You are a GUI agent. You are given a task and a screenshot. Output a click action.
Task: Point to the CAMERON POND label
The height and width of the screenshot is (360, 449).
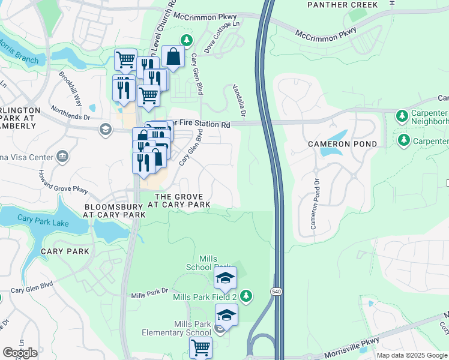pyautogui.click(x=343, y=144)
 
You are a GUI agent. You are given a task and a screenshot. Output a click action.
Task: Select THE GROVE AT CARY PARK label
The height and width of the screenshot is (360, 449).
pyautogui.click(x=182, y=200)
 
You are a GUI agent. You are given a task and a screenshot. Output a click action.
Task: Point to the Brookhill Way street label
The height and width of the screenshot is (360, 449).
pyautogui.click(x=70, y=89)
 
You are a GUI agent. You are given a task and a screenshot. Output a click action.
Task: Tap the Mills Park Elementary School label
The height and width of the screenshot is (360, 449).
pyautogui.click(x=176, y=328)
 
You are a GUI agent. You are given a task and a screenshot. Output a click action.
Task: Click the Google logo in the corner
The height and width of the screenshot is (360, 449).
pyautogui.click(x=20, y=353)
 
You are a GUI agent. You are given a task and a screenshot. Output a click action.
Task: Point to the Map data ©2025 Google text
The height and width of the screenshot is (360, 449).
pyautogui.click(x=411, y=355)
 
